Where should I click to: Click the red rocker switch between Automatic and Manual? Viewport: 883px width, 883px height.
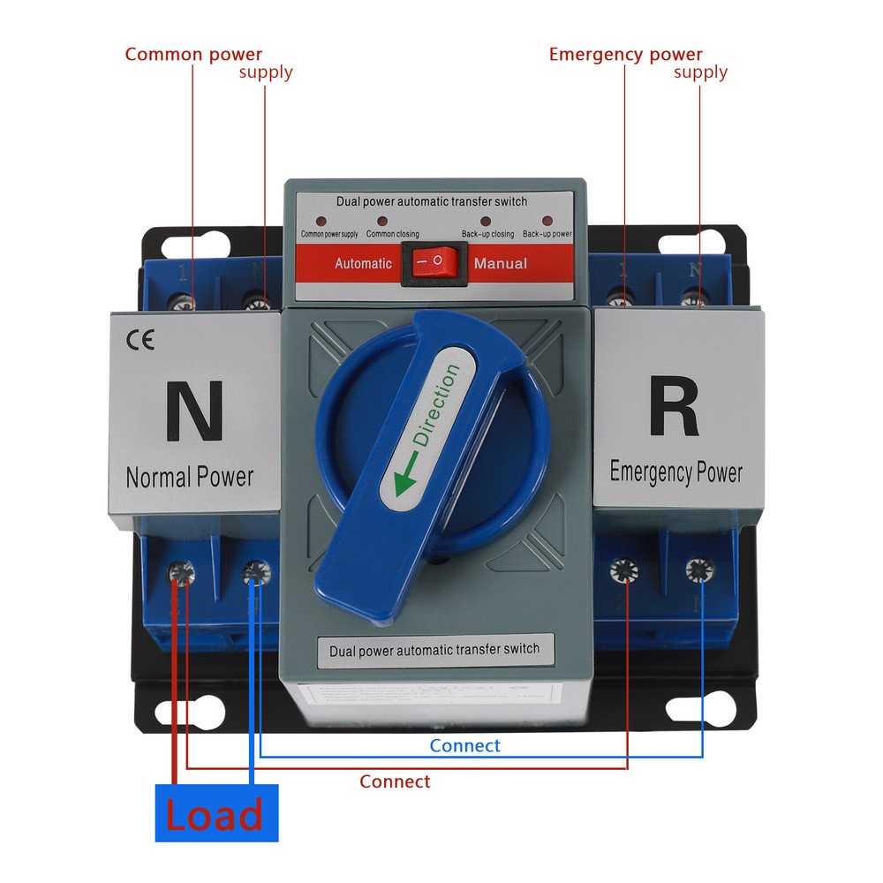pos(434,263)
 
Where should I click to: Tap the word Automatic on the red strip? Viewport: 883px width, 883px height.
pos(363,263)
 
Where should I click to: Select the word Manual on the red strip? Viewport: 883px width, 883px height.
pos(501,263)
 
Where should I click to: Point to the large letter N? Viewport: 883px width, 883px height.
pos(193,410)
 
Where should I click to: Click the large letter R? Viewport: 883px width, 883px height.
pos(675,406)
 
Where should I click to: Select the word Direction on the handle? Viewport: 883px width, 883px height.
pos(437,406)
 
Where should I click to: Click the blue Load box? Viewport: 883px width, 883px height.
pos(216,812)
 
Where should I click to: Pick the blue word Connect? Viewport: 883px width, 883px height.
pos(464,746)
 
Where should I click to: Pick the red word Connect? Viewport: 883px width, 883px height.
pos(395,781)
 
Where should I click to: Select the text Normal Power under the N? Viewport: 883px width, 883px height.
pos(189,478)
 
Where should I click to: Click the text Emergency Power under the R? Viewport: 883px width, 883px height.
pos(675,472)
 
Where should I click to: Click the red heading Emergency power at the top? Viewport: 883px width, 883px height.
pos(625,55)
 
